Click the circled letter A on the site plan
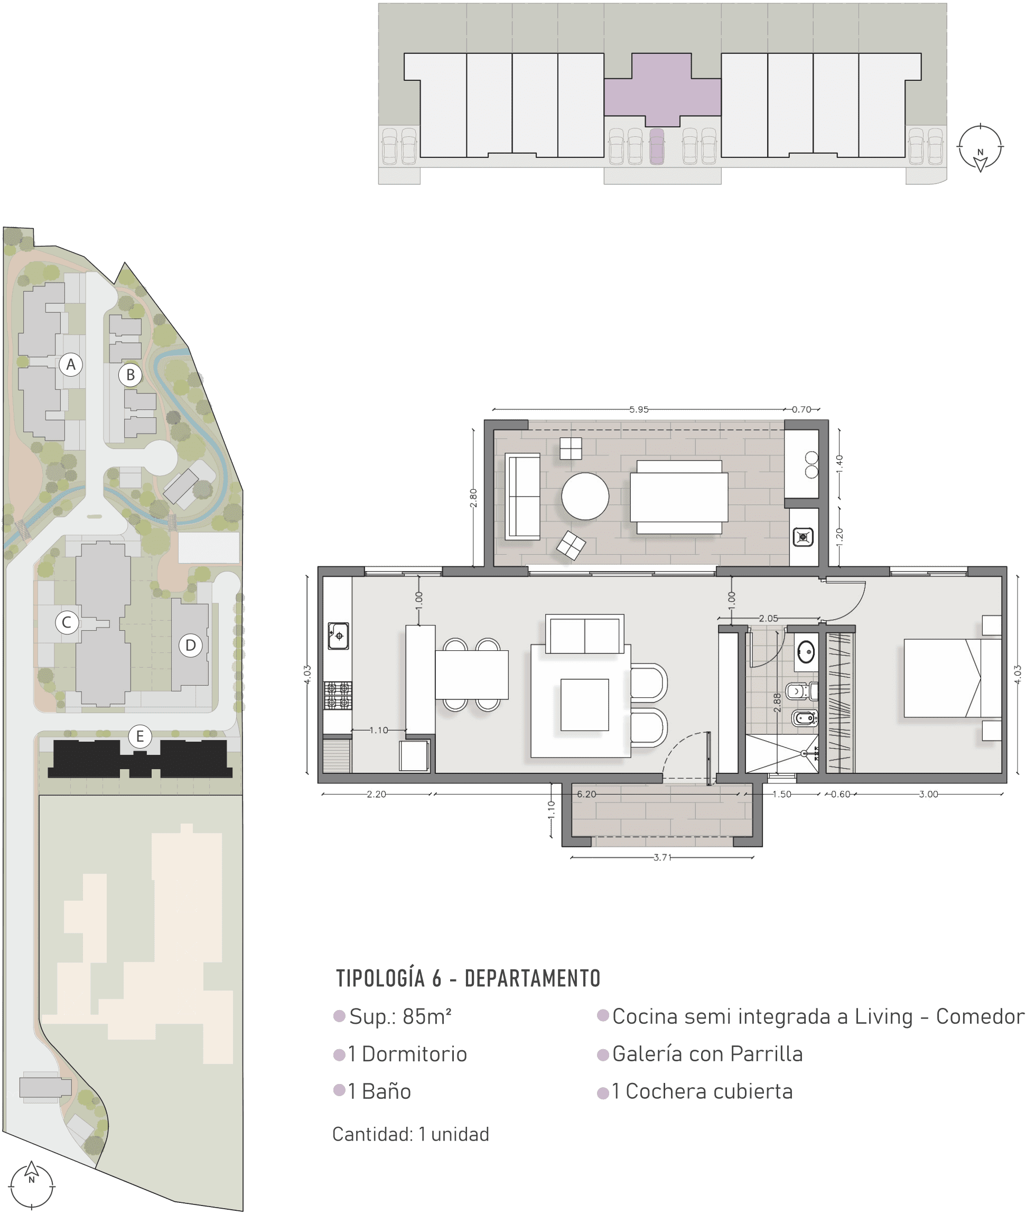click(71, 364)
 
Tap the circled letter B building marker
click(130, 375)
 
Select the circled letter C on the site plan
click(67, 622)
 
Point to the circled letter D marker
click(190, 645)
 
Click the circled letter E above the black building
click(139, 736)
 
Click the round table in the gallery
click(585, 496)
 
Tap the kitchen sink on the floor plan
click(339, 635)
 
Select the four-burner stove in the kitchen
click(338, 695)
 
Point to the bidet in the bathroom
click(805, 718)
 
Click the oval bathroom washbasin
click(806, 652)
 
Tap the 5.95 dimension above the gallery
click(639, 409)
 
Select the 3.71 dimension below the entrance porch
click(663, 857)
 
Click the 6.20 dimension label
click(586, 794)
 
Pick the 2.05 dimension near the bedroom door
click(768, 618)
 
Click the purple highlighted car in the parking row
click(657, 146)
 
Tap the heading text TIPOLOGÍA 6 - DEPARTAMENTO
click(468, 978)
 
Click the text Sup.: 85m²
click(400, 1017)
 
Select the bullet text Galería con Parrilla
click(707, 1054)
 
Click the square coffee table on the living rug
click(584, 704)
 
